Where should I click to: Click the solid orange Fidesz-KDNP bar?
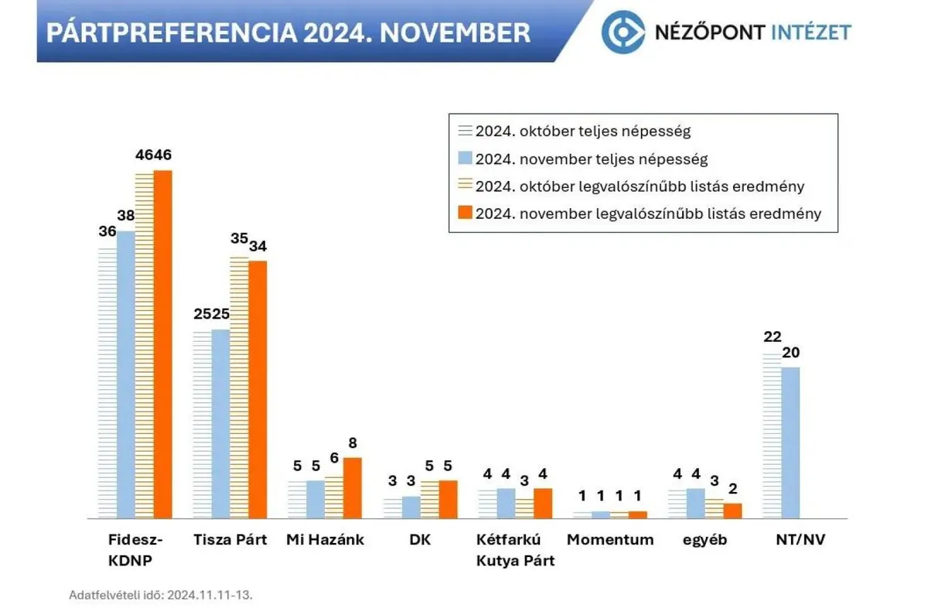[162, 344]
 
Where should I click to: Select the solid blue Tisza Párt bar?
[220, 424]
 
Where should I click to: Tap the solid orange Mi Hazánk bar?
[352, 487]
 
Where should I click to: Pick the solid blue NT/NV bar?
[790, 442]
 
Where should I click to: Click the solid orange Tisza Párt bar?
[258, 389]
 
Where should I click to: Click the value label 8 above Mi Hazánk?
[353, 444]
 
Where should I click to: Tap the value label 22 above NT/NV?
[772, 337]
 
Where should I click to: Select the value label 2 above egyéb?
[732, 488]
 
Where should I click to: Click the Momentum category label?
[610, 540]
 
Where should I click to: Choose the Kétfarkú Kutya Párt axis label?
[515, 550]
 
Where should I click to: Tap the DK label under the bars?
[420, 540]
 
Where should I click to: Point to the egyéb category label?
[705, 540]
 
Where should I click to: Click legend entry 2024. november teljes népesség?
[591, 159]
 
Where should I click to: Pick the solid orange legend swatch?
[465, 214]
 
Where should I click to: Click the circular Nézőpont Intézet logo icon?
[623, 32]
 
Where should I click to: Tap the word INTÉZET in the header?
[812, 32]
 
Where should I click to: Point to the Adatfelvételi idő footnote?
[161, 595]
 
